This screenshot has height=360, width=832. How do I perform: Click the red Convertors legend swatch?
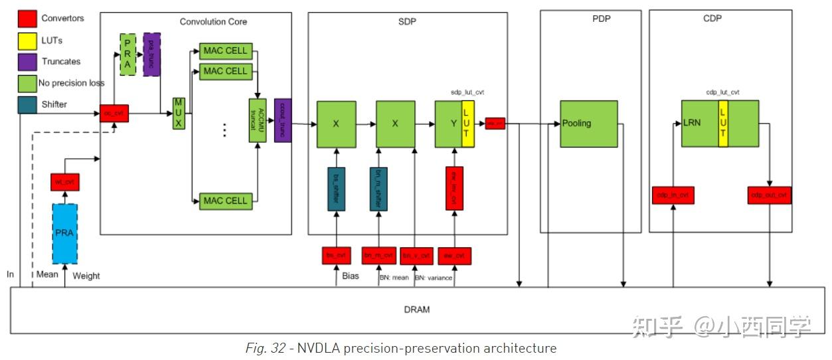pyautogui.click(x=27, y=18)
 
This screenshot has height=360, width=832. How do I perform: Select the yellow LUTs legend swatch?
pyautogui.click(x=27, y=40)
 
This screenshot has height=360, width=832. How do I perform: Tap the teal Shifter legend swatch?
pyautogui.click(x=27, y=104)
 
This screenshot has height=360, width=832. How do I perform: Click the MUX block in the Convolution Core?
pyautogui.click(x=178, y=113)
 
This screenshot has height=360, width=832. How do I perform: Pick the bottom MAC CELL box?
pyautogui.click(x=225, y=201)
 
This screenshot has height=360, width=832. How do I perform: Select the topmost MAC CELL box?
pyautogui.click(x=225, y=50)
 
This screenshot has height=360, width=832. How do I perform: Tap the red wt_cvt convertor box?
pyautogui.click(x=64, y=181)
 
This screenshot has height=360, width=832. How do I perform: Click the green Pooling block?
pyautogui.click(x=588, y=124)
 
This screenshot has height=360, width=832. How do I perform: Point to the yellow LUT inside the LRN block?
pyautogui.click(x=722, y=123)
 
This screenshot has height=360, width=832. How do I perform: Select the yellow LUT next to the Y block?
pyautogui.click(x=467, y=124)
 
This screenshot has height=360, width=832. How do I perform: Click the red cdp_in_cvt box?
pyautogui.click(x=673, y=195)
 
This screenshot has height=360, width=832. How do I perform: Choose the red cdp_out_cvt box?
pyautogui.click(x=769, y=195)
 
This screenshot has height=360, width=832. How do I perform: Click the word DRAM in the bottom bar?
pyautogui.click(x=416, y=310)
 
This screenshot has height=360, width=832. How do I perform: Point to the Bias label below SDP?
pyautogui.click(x=350, y=276)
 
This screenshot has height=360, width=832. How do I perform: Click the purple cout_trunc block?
pyautogui.click(x=283, y=121)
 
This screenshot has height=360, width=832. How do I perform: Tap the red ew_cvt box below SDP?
pyautogui.click(x=454, y=256)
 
